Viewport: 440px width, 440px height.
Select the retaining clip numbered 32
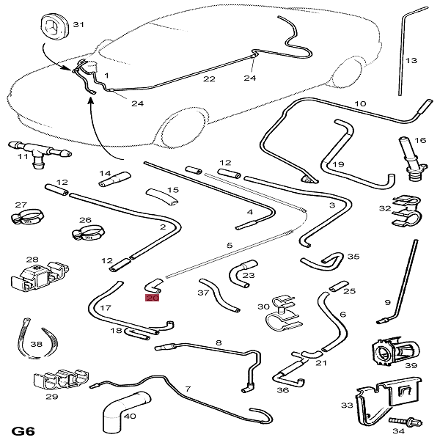click(x=405, y=209)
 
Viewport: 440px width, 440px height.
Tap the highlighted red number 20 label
click(x=153, y=298)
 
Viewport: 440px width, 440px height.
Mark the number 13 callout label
click(x=411, y=60)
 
